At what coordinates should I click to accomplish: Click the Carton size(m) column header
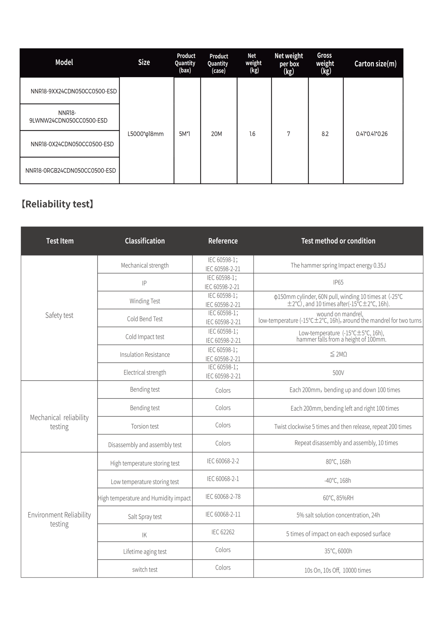click(x=375, y=64)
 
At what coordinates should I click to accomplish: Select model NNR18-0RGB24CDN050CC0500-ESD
click(x=71, y=170)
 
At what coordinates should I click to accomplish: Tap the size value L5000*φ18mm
click(x=145, y=134)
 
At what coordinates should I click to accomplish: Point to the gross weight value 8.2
click(x=325, y=134)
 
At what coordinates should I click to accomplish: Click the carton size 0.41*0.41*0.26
click(x=372, y=134)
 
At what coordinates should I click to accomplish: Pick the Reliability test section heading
click(x=57, y=204)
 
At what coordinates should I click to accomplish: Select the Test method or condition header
click(x=338, y=241)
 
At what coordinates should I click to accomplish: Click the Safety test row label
click(x=59, y=315)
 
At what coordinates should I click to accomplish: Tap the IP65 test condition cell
click(x=338, y=282)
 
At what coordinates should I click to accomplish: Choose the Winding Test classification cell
click(x=145, y=301)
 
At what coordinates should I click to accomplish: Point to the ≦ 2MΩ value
click(x=338, y=354)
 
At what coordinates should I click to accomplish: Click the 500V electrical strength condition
click(x=338, y=373)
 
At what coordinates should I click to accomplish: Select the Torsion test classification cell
click(x=145, y=426)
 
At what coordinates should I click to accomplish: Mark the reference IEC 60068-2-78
click(x=223, y=497)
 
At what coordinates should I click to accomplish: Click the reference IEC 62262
click(x=223, y=532)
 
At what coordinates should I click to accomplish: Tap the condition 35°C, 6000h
click(x=338, y=551)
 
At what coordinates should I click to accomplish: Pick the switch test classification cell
click(x=145, y=570)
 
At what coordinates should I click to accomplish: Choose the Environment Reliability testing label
click(x=59, y=519)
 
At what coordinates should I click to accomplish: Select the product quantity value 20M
click(x=216, y=134)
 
